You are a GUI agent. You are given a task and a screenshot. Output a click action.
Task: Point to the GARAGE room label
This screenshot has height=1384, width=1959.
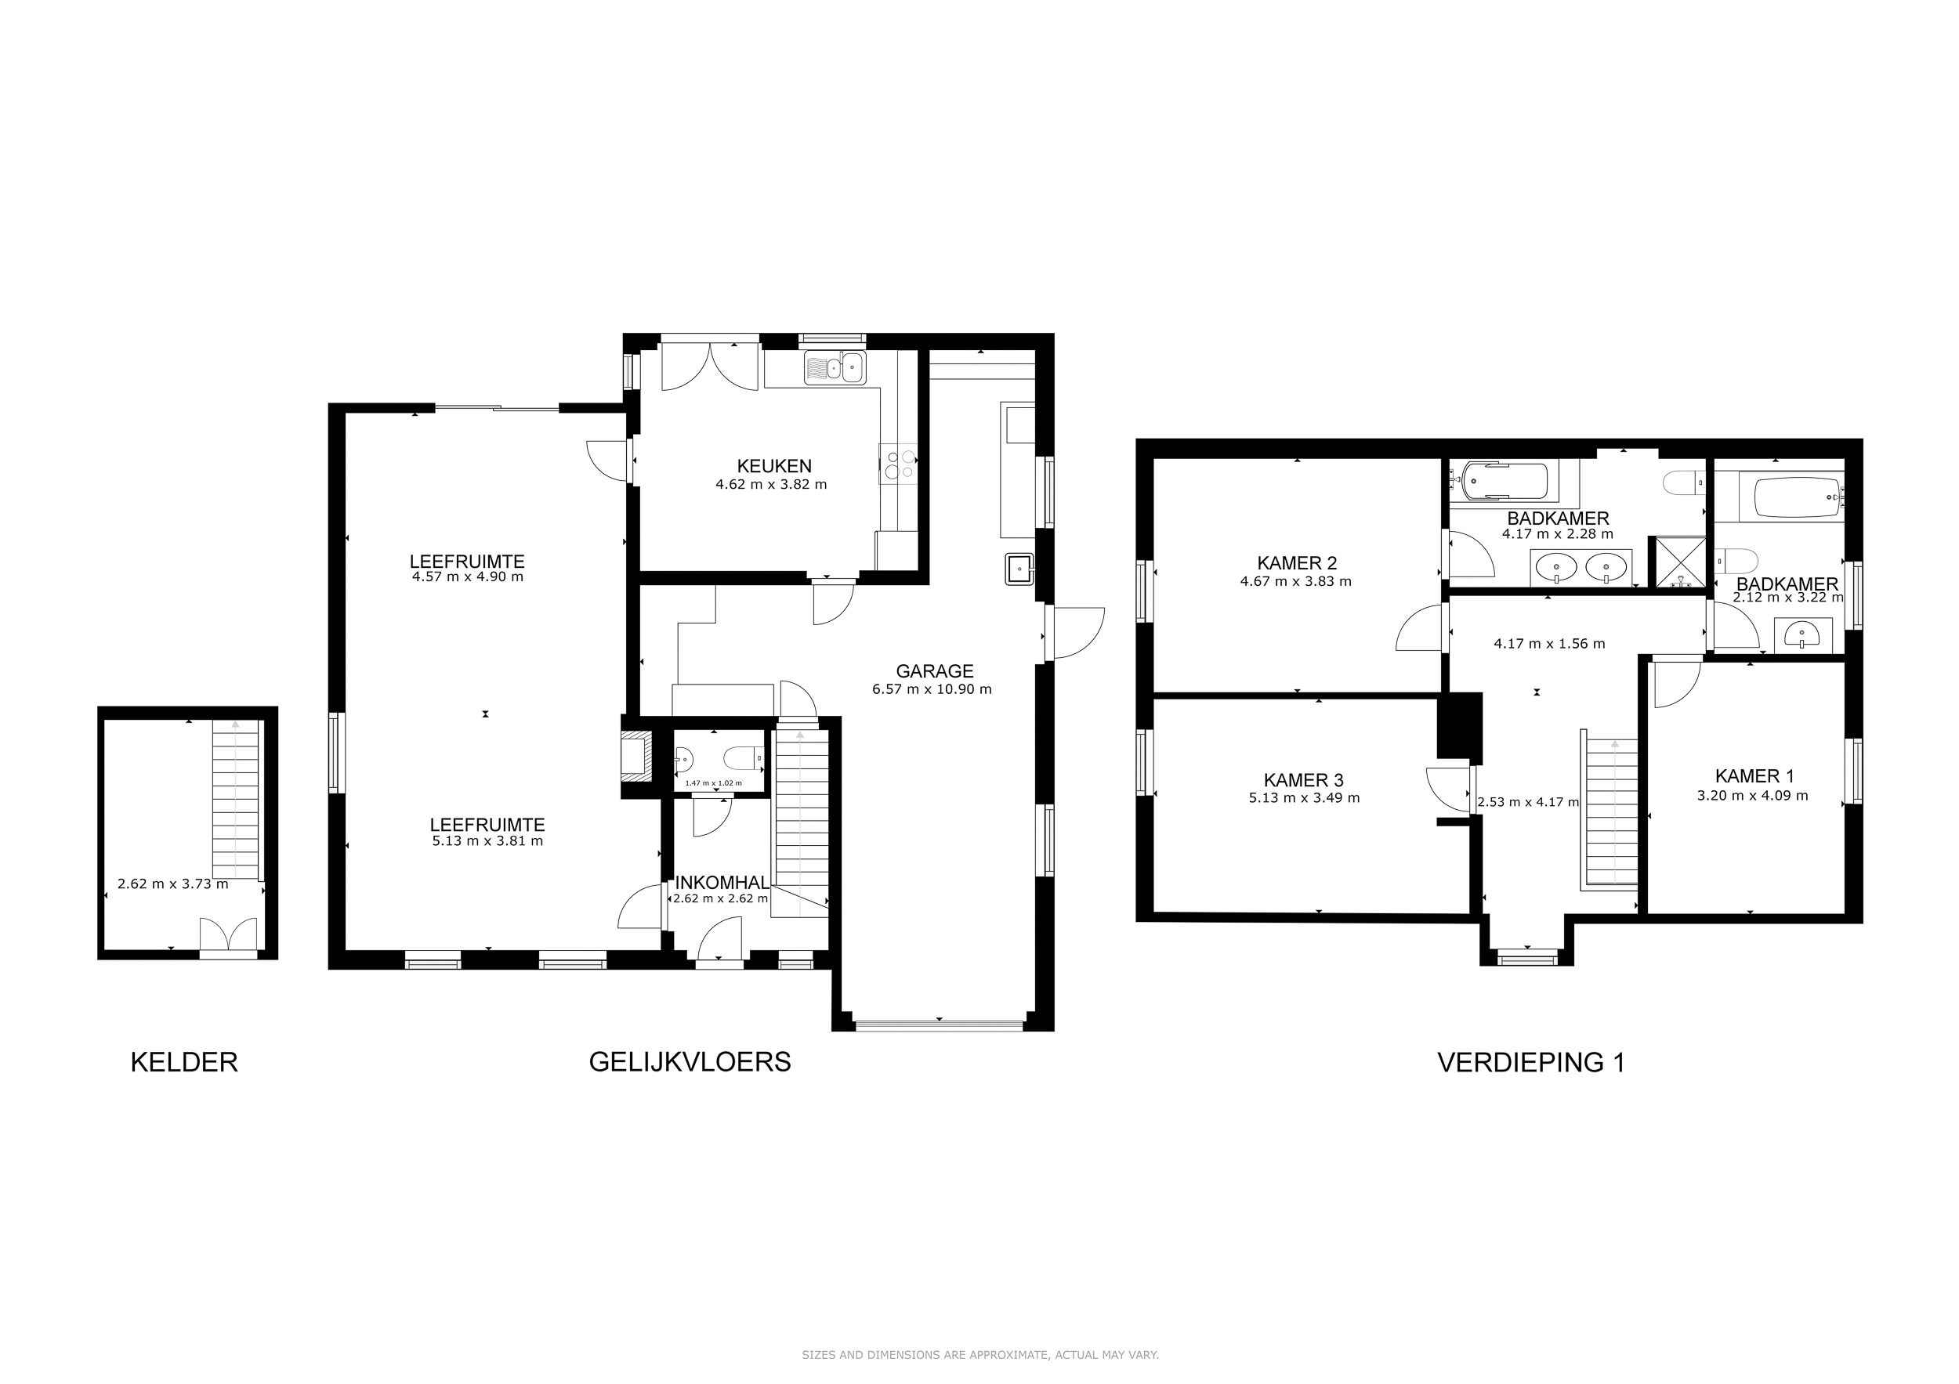934,671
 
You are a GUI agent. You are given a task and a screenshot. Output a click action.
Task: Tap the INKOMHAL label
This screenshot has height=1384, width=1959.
722,883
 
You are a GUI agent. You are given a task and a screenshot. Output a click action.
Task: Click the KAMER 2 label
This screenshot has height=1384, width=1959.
1297,563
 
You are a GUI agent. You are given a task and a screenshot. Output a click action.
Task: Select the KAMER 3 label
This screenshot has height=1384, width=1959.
1303,779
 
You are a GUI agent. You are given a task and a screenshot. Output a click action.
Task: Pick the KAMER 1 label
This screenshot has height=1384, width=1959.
1754,776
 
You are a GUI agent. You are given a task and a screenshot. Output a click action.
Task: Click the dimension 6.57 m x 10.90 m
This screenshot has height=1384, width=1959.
932,689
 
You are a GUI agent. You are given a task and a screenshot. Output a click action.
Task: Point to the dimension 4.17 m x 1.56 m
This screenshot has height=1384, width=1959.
1549,644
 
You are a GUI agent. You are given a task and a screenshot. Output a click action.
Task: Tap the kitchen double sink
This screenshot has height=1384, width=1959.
835,368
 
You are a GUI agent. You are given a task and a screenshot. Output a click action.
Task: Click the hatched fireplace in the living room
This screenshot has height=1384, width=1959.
635,756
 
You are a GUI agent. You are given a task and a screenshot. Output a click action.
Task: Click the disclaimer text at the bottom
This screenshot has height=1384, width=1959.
979,1354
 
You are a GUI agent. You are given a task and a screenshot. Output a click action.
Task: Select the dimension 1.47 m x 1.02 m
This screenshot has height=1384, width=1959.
713,782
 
